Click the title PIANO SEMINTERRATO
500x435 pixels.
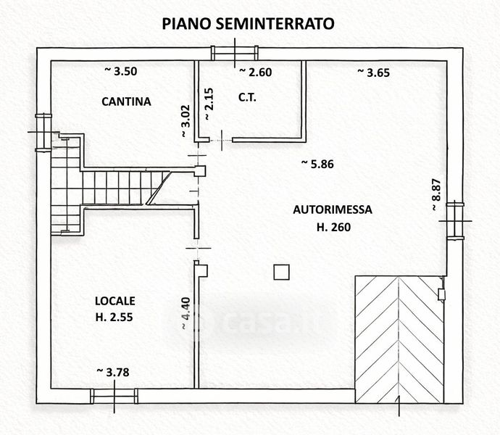point(248,24)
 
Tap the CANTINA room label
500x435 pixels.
point(126,101)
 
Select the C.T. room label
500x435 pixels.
point(247,97)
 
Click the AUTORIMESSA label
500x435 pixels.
point(333,210)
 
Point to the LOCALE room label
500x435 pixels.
point(114,301)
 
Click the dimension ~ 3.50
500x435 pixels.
point(121,71)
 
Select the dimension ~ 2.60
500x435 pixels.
point(256,72)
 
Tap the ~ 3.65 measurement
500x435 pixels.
point(374,72)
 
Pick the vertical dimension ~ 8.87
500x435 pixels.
point(436,194)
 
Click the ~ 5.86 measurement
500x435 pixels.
point(317,164)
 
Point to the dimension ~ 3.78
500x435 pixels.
point(113,372)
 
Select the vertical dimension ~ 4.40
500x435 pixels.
point(186,313)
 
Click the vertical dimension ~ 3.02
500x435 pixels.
point(186,121)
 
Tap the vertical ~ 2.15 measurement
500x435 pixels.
point(208,104)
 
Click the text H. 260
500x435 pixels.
point(333,227)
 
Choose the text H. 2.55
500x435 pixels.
point(114,318)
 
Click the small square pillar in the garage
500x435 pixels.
point(282,272)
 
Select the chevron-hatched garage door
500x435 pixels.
point(399,340)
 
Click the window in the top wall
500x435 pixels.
point(234,54)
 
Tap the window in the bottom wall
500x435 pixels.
point(114,396)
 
